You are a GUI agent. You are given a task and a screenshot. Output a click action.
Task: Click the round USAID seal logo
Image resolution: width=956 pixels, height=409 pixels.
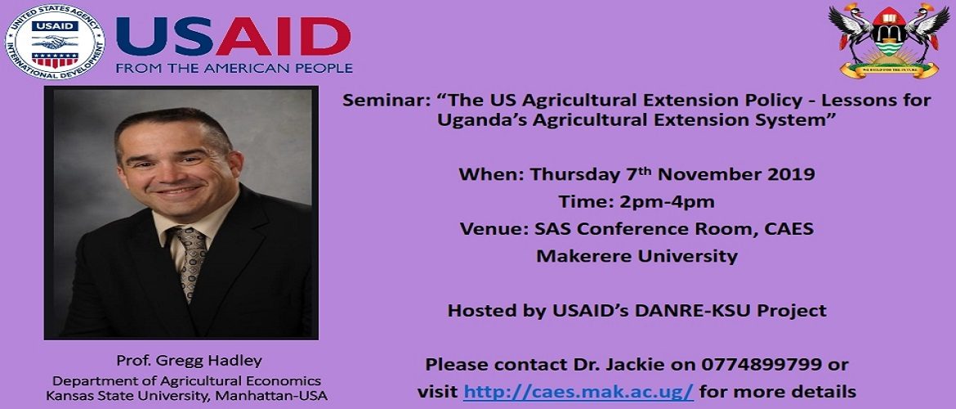point(55,42)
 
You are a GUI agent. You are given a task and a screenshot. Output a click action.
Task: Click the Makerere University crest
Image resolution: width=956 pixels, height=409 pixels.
point(889,40)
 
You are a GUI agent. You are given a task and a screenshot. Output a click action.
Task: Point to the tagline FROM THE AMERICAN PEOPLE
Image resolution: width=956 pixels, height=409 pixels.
point(235,69)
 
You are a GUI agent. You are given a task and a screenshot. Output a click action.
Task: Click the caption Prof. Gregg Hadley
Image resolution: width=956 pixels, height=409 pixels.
point(189,361)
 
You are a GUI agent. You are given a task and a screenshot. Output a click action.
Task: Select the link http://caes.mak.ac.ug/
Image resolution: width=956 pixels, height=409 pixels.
point(579,391)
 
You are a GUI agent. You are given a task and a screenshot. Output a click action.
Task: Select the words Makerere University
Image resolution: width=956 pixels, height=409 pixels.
point(637,256)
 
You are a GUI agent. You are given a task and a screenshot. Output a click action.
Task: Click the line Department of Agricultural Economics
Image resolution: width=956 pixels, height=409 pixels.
point(186,381)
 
